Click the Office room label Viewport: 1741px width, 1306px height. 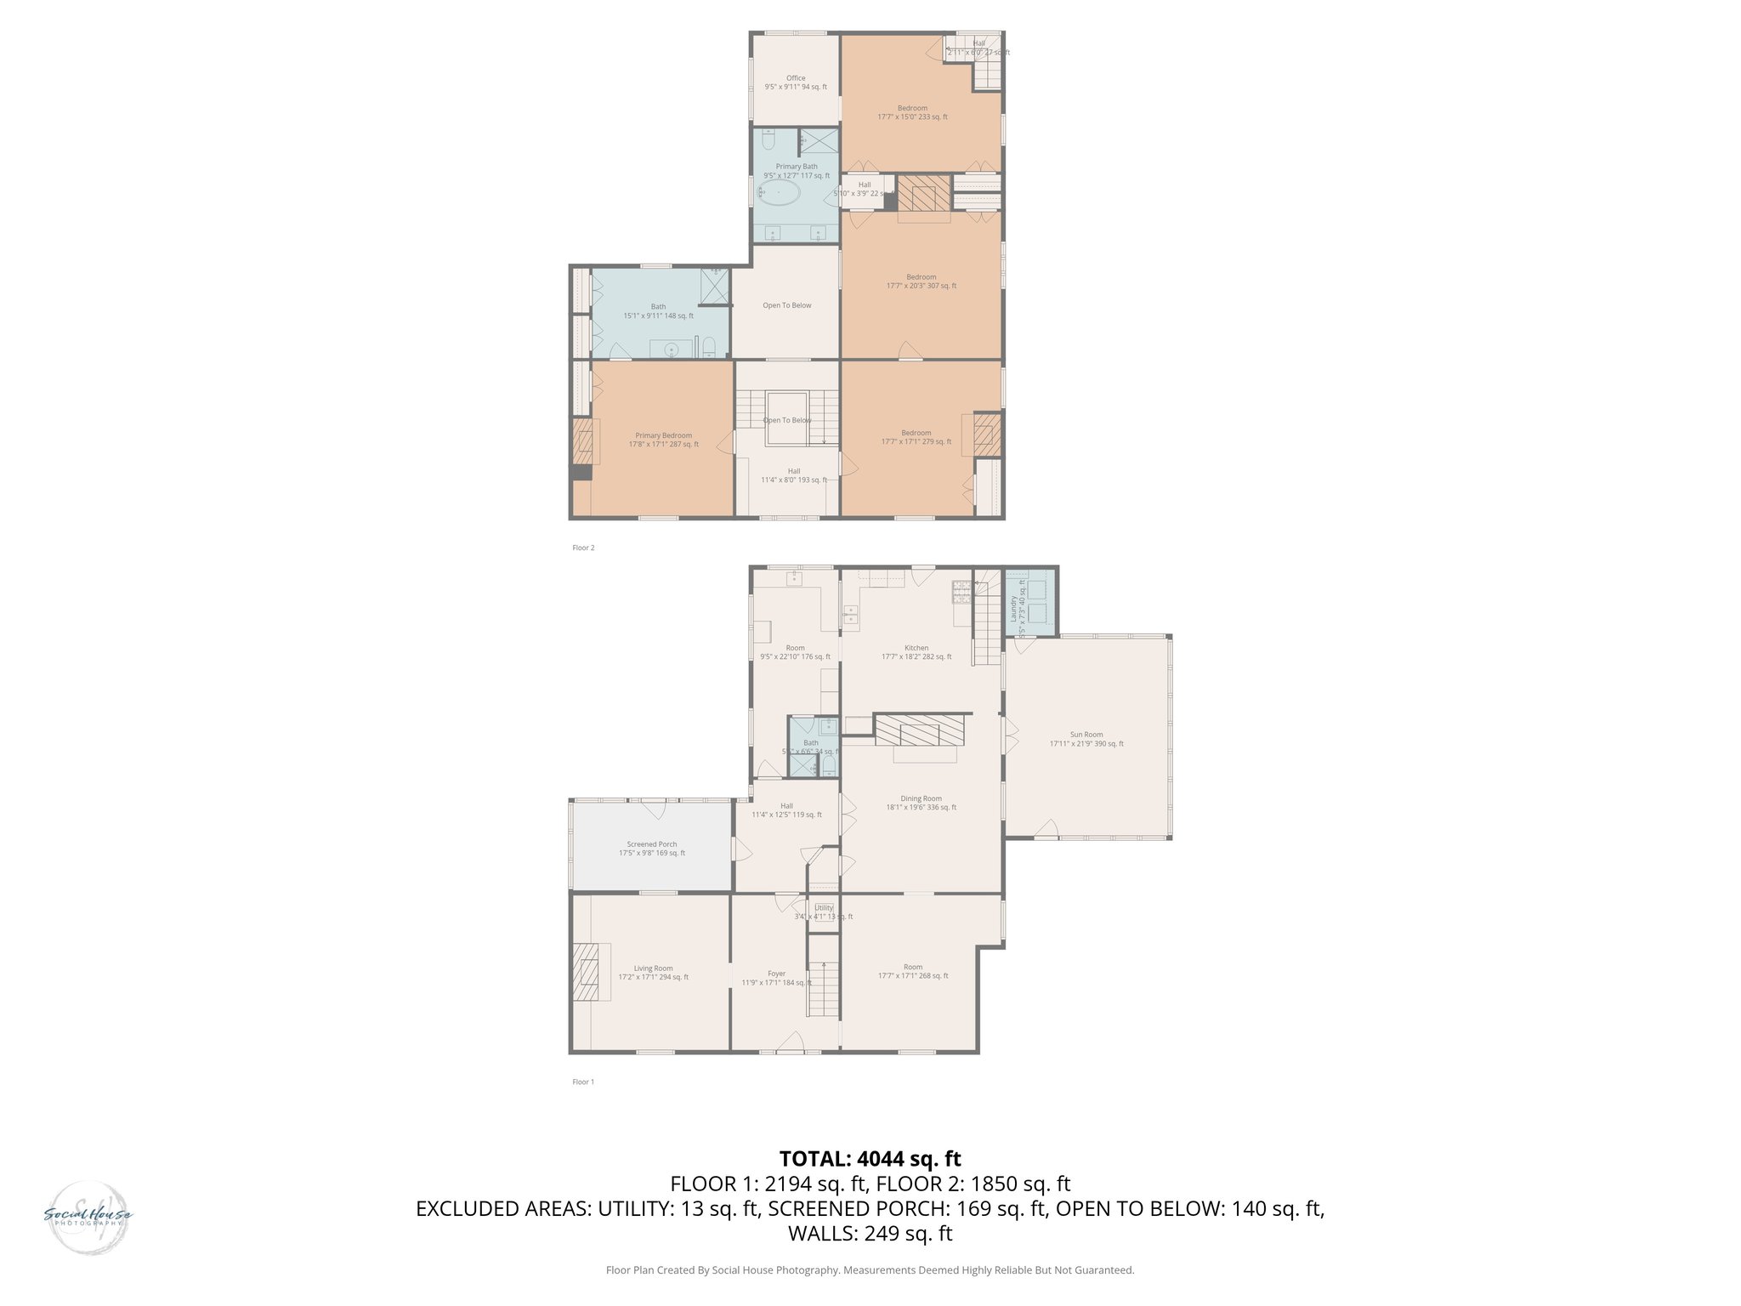(796, 82)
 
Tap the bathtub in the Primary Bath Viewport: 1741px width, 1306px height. (779, 193)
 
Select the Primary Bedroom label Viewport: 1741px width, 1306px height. (664, 440)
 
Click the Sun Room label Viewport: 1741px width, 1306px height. (1086, 739)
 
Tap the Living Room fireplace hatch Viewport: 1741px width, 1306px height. (586, 972)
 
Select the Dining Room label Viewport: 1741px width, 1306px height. (921, 803)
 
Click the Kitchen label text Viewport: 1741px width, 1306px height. (916, 652)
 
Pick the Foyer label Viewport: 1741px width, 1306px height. (776, 978)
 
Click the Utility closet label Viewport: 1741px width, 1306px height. (824, 911)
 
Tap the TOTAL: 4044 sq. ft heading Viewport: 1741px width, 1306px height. (870, 1158)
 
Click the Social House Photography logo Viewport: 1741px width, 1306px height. (88, 1217)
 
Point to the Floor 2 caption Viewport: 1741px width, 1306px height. (583, 548)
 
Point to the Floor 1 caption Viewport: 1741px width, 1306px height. (583, 1082)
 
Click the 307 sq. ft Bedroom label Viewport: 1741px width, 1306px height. (921, 281)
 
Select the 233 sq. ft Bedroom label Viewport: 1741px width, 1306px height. (912, 112)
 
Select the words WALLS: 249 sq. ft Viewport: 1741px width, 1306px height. (870, 1233)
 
